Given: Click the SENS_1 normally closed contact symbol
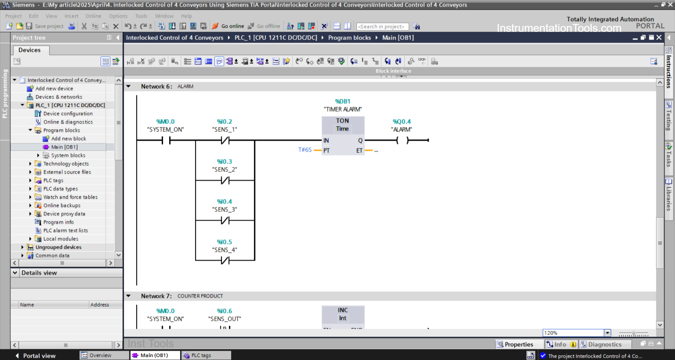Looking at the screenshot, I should click(x=225, y=141).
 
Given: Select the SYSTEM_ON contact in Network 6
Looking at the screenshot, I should click(x=166, y=141).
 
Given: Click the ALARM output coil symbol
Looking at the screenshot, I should click(x=403, y=141).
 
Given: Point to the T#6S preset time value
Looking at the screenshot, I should click(x=305, y=150).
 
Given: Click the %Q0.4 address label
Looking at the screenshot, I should click(x=401, y=122).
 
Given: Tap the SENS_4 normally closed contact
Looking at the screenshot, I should click(x=225, y=261).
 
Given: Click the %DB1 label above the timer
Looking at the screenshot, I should click(x=342, y=101).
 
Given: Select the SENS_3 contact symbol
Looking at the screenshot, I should click(x=225, y=221).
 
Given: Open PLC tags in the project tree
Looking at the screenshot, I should click(x=53, y=180).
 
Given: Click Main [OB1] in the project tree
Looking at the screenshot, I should click(x=64, y=147).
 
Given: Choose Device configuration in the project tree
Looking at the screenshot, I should click(x=68, y=114).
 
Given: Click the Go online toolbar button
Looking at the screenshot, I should click(x=228, y=26).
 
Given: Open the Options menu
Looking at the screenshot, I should click(x=118, y=16).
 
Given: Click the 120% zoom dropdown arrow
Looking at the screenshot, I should click(x=607, y=333).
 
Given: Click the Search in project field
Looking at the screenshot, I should click(x=382, y=26).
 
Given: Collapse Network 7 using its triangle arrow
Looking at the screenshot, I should click(x=129, y=296).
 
